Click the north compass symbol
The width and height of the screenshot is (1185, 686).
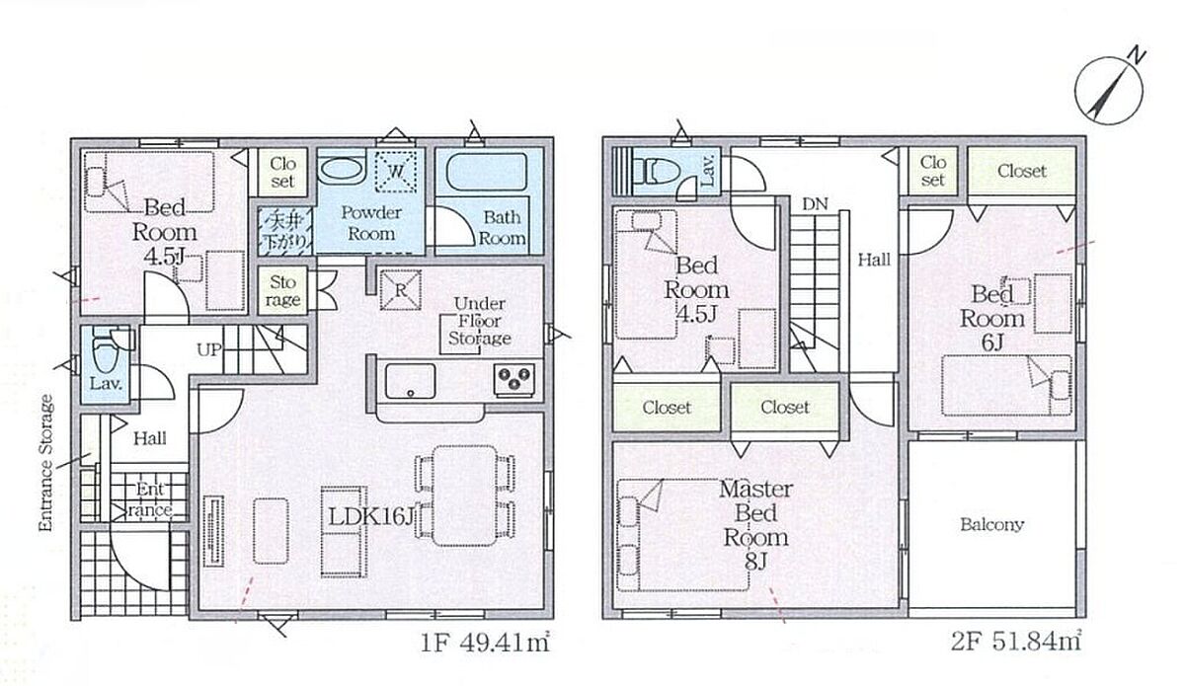[x=1109, y=92]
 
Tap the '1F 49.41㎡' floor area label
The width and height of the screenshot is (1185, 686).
[x=485, y=643]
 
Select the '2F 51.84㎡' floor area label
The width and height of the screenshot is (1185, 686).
[x=1016, y=642]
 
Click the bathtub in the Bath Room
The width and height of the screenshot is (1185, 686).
[x=486, y=172]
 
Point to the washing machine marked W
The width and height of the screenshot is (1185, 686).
[x=396, y=172]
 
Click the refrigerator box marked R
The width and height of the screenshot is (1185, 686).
[x=401, y=290]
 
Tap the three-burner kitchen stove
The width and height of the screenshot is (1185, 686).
[x=514, y=379]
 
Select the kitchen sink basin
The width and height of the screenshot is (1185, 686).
[x=410, y=381]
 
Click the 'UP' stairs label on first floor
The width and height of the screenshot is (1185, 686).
[x=209, y=349]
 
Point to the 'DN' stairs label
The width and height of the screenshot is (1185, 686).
[x=815, y=203]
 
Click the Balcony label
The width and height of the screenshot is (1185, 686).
[x=991, y=524]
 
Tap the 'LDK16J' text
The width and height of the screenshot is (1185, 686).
[x=370, y=516]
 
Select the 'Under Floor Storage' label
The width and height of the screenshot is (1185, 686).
[x=480, y=321]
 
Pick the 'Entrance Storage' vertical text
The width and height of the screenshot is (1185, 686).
[x=46, y=463]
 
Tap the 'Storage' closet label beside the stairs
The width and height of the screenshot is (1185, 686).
[x=283, y=291]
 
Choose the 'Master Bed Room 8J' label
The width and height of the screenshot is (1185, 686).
[x=756, y=525]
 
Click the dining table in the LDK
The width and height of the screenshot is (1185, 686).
[x=464, y=495]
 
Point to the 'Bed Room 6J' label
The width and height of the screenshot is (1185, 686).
[x=991, y=319]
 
